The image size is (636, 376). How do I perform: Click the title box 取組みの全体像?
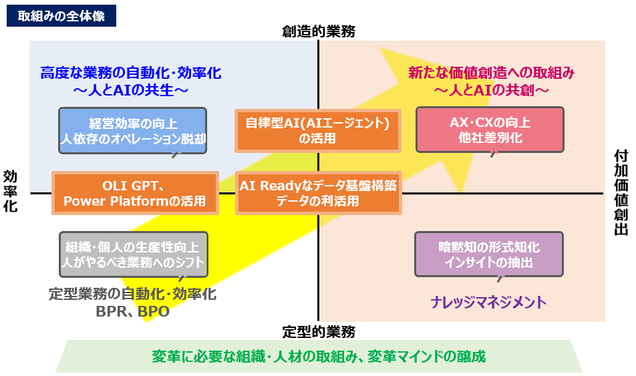61,16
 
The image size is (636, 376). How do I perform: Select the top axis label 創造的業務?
318,31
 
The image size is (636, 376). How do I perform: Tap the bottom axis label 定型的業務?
318,331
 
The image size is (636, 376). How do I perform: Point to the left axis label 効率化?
11,191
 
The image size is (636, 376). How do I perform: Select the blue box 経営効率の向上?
132,131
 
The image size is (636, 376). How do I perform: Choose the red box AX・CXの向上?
490,130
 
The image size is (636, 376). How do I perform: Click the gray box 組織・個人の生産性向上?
133,254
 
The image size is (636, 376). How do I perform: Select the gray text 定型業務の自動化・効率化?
132,294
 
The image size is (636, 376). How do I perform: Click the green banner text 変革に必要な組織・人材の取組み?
318,356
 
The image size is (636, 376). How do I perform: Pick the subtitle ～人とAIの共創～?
491,88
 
